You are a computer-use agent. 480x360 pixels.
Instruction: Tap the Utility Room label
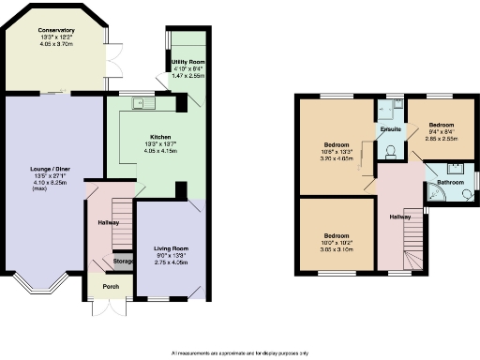click(x=188, y=61)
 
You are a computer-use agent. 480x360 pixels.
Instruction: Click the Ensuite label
click(x=391, y=128)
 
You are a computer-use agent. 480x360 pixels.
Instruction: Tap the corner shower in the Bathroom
click(x=437, y=195)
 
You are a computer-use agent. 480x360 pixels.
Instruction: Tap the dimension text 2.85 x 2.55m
click(x=442, y=136)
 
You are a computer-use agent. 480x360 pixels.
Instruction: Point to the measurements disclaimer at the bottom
click(x=240, y=352)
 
